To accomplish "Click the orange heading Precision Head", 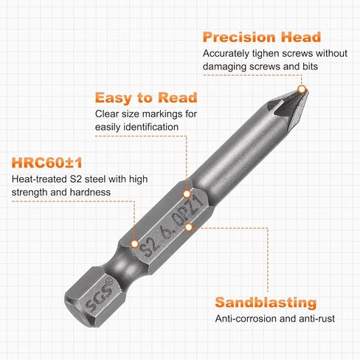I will [x=262, y=37].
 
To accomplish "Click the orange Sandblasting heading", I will [x=266, y=302].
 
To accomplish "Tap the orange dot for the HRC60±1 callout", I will [x=134, y=243].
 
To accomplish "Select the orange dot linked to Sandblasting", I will [x=189, y=227].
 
